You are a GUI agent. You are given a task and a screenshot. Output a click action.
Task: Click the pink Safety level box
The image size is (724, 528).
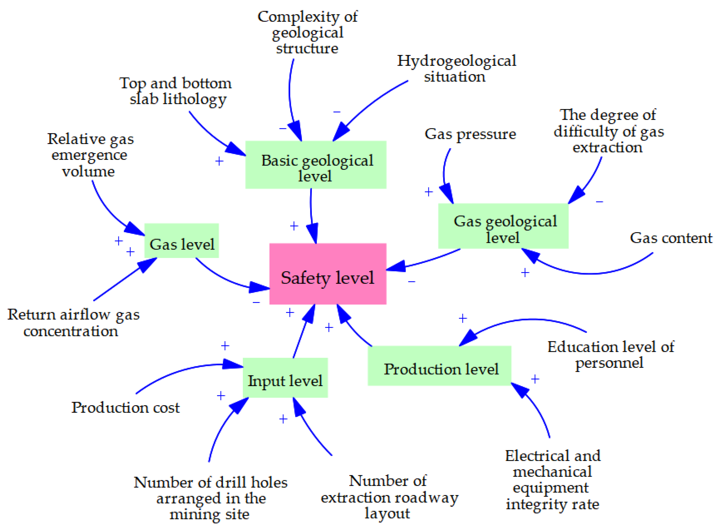(x=328, y=274)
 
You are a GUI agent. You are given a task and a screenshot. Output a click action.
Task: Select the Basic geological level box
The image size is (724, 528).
(x=315, y=165)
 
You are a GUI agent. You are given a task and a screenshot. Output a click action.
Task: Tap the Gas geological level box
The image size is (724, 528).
(x=503, y=226)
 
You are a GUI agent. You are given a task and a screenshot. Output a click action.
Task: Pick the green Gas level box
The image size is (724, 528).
(x=181, y=241)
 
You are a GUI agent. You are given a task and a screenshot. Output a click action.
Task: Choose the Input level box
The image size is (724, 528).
(x=285, y=378)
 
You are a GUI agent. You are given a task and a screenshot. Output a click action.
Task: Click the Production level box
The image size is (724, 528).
(x=439, y=366)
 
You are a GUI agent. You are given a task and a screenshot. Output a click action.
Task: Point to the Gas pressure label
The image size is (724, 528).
(x=470, y=134)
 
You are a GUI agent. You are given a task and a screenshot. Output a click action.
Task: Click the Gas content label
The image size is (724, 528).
(x=671, y=238)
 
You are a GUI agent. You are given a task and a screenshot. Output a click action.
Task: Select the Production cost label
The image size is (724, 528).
(x=125, y=408)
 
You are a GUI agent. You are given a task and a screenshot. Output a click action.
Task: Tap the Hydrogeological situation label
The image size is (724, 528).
(x=456, y=69)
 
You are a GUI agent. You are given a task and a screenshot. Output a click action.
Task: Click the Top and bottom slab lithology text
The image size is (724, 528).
(x=176, y=91)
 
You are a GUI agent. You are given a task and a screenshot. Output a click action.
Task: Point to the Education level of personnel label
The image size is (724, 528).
(x=610, y=355)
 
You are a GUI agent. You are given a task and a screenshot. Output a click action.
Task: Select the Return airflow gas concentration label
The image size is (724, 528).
(x=73, y=323)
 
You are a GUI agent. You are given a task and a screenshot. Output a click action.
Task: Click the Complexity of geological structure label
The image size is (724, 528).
(x=307, y=33)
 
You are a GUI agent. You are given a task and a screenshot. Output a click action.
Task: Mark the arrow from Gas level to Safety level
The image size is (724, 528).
(x=223, y=278)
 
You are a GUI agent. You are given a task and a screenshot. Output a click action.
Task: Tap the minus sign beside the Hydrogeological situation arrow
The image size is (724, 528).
(x=337, y=112)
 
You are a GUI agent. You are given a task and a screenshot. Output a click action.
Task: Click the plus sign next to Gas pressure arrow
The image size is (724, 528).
(x=429, y=192)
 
